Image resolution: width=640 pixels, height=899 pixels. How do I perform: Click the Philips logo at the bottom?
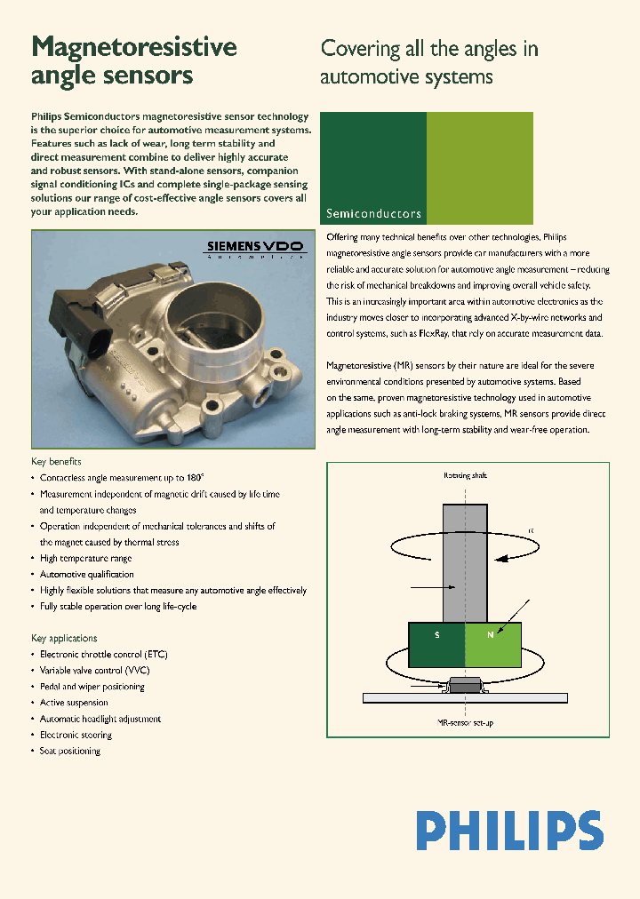point(510,831)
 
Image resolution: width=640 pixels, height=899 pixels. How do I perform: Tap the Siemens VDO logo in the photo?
point(254,246)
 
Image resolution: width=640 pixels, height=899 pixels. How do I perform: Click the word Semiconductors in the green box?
point(373,214)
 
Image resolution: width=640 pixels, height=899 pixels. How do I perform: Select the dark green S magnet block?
point(436,645)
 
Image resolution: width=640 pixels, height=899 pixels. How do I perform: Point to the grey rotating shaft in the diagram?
point(465,560)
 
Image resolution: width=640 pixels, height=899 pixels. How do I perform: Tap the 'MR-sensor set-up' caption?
point(466,723)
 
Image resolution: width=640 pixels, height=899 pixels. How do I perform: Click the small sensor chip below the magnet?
point(466,685)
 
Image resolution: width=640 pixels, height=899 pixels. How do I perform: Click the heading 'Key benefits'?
point(56,461)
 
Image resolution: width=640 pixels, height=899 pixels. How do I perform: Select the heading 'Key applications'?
point(64,638)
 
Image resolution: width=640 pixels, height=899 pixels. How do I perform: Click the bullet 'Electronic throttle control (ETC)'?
point(104,655)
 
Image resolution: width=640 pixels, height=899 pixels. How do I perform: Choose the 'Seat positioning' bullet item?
point(70,751)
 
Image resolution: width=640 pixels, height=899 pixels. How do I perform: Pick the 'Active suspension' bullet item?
point(75,703)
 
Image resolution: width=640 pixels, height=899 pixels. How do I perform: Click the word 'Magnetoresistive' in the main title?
point(134,47)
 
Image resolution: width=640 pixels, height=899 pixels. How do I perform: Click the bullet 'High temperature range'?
point(86,558)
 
